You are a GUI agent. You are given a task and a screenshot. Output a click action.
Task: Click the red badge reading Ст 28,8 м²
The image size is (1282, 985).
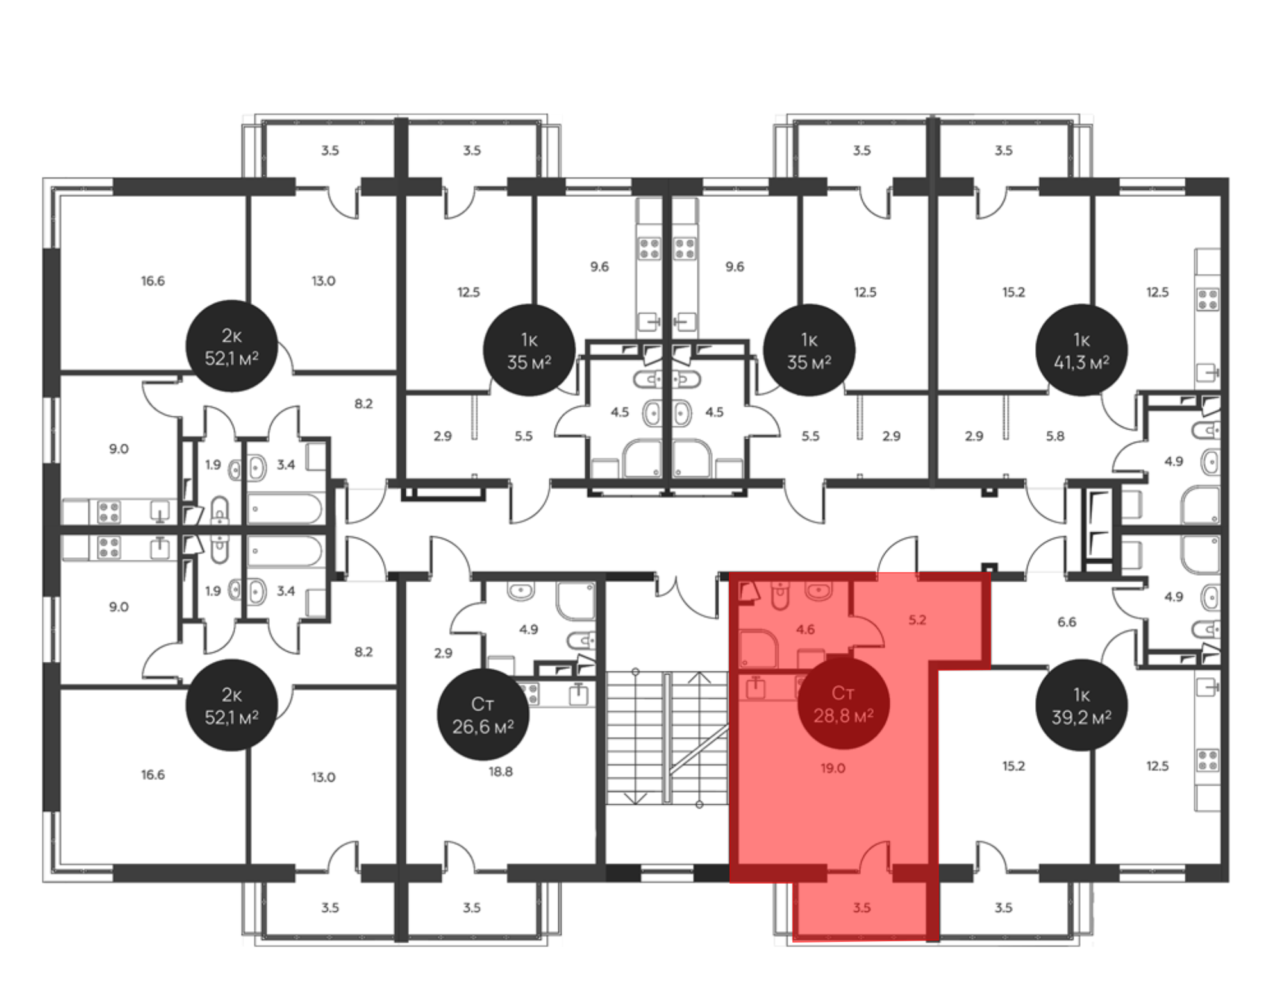click(843, 704)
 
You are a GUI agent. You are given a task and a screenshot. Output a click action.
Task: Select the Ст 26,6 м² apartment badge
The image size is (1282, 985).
click(483, 714)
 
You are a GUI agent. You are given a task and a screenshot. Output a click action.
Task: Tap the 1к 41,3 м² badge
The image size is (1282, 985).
click(1081, 350)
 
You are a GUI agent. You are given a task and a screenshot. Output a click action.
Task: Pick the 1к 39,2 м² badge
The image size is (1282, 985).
click(1081, 705)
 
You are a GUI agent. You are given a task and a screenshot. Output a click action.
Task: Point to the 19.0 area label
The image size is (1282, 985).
click(833, 768)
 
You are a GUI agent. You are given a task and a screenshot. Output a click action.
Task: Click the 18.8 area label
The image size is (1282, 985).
click(501, 771)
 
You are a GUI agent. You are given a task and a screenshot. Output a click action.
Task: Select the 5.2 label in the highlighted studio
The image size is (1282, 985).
click(917, 619)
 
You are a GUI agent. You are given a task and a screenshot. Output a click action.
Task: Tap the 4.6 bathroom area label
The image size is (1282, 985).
click(805, 629)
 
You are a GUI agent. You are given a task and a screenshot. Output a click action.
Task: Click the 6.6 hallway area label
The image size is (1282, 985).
click(1067, 621)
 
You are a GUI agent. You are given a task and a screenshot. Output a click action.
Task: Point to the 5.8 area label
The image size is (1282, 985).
click(1055, 436)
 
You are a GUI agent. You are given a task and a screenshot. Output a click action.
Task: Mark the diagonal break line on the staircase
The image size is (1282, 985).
click(699, 750)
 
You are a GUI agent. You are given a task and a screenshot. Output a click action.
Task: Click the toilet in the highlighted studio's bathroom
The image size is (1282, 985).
click(780, 596)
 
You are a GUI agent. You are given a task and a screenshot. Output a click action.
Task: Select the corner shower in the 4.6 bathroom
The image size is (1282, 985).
click(758, 648)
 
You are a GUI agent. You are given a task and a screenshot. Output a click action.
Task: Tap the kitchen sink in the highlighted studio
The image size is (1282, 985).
click(756, 687)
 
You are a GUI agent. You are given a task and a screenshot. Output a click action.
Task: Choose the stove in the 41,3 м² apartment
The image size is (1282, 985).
click(1208, 299)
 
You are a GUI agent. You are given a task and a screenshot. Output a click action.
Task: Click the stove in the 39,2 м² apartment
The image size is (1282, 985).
click(1208, 761)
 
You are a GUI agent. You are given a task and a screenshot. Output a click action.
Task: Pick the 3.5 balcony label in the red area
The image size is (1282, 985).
click(862, 907)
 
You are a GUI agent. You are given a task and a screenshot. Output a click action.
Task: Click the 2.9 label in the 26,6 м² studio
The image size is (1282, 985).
click(443, 653)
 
